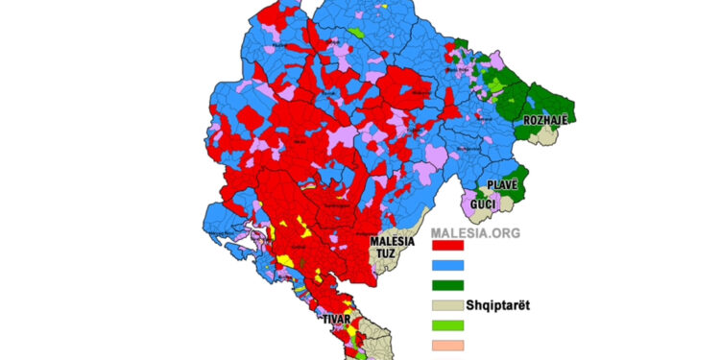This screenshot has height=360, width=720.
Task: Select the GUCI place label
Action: click(483, 204)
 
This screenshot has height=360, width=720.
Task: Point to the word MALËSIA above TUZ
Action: click(395, 241)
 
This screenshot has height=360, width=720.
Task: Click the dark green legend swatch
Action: click(446, 286)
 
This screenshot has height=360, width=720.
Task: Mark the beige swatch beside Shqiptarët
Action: click(446, 306)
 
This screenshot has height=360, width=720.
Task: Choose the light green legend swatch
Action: click(446, 326)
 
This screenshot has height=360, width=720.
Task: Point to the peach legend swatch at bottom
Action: click(446, 346)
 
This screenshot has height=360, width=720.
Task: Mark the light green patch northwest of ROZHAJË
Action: click(495, 85)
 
